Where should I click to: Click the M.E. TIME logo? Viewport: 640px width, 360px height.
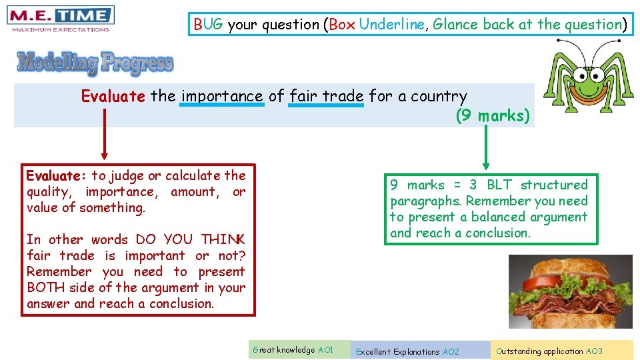(60, 18)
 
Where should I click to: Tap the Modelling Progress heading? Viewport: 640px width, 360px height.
(95, 63)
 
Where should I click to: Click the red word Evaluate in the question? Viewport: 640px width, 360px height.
(113, 96)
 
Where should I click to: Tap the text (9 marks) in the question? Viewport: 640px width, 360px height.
(493, 115)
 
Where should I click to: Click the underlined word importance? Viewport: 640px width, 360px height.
(222, 96)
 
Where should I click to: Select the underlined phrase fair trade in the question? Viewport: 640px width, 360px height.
(327, 96)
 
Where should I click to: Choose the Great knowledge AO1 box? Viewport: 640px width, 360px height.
(300, 350)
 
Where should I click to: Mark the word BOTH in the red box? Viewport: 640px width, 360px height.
(46, 288)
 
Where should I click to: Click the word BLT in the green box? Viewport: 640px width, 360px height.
(499, 185)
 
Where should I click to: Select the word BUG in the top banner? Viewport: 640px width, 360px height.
(209, 25)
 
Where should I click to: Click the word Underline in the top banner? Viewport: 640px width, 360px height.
(391, 25)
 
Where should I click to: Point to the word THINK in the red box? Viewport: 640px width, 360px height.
(223, 240)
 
